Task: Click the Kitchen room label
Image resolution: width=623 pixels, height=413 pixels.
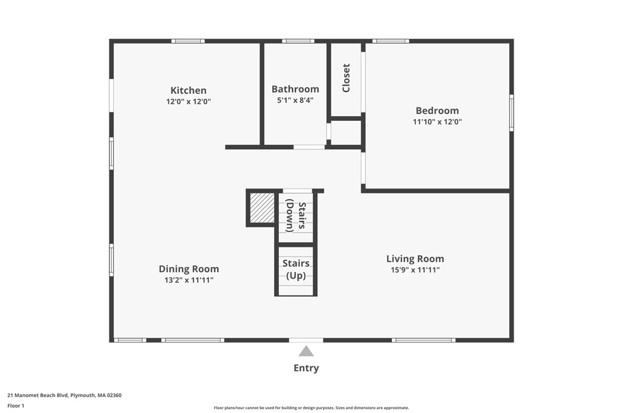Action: pos(189,90)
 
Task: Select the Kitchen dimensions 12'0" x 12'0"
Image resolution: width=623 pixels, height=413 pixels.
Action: pos(189,102)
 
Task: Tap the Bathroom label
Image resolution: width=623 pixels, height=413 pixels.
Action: pos(295,89)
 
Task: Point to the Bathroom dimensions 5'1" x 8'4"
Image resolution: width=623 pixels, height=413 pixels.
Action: pos(295,101)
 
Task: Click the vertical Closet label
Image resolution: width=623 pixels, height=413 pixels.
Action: pos(346,78)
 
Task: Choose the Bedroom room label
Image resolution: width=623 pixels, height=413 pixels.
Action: pos(437,110)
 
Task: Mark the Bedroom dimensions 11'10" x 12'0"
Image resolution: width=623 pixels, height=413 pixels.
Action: pos(437,122)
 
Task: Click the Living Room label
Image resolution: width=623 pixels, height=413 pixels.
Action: pos(415,259)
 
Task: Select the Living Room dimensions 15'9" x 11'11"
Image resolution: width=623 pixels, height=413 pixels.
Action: pos(415,270)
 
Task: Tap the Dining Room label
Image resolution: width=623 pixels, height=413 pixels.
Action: pos(189,269)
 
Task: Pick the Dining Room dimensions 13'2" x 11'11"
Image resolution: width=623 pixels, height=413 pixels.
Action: pos(189,280)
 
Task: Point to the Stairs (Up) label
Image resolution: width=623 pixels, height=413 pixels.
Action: pos(296,269)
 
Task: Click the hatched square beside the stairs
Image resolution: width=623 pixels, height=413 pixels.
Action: pos(262,208)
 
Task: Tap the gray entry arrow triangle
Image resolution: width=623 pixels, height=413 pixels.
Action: pos(306,351)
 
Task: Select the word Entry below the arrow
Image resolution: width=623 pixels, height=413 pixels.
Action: pos(306,368)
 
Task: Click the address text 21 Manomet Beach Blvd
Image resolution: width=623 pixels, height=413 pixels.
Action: pos(37,395)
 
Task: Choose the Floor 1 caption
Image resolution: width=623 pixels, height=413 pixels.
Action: pos(16,406)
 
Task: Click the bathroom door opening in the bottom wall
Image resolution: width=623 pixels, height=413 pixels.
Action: pos(309,147)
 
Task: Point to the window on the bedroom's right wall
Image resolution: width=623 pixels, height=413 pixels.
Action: pos(511,113)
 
